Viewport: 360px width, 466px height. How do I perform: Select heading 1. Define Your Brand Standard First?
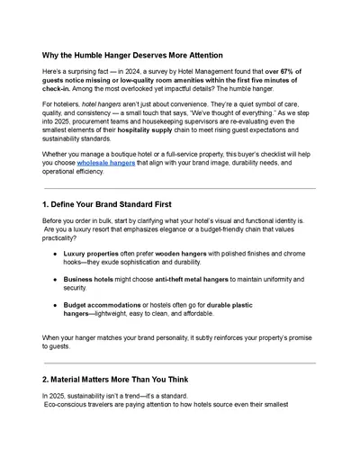[121, 206]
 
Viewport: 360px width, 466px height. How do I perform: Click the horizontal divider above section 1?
[180, 188]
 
